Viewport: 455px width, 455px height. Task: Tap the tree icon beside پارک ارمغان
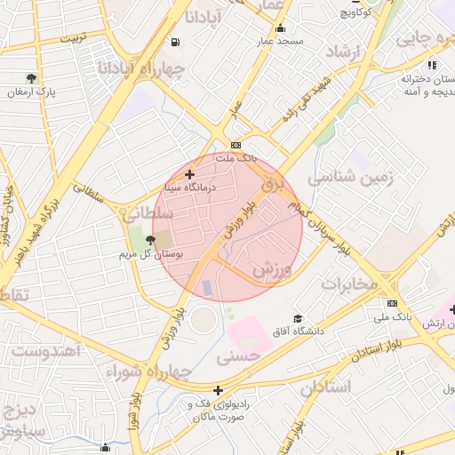point(32,78)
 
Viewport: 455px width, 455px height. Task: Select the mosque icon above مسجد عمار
point(281,28)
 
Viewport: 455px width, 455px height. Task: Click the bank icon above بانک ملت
point(235,145)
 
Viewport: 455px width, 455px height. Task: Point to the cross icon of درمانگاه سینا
point(189,174)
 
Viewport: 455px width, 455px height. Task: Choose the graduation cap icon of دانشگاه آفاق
point(298,318)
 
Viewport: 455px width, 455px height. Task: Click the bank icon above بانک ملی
point(392,303)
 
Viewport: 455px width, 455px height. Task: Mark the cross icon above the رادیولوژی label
point(218,389)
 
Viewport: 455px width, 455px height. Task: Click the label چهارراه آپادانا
point(152,68)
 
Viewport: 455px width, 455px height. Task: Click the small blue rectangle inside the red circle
point(208,289)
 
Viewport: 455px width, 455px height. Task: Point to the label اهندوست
point(47,350)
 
